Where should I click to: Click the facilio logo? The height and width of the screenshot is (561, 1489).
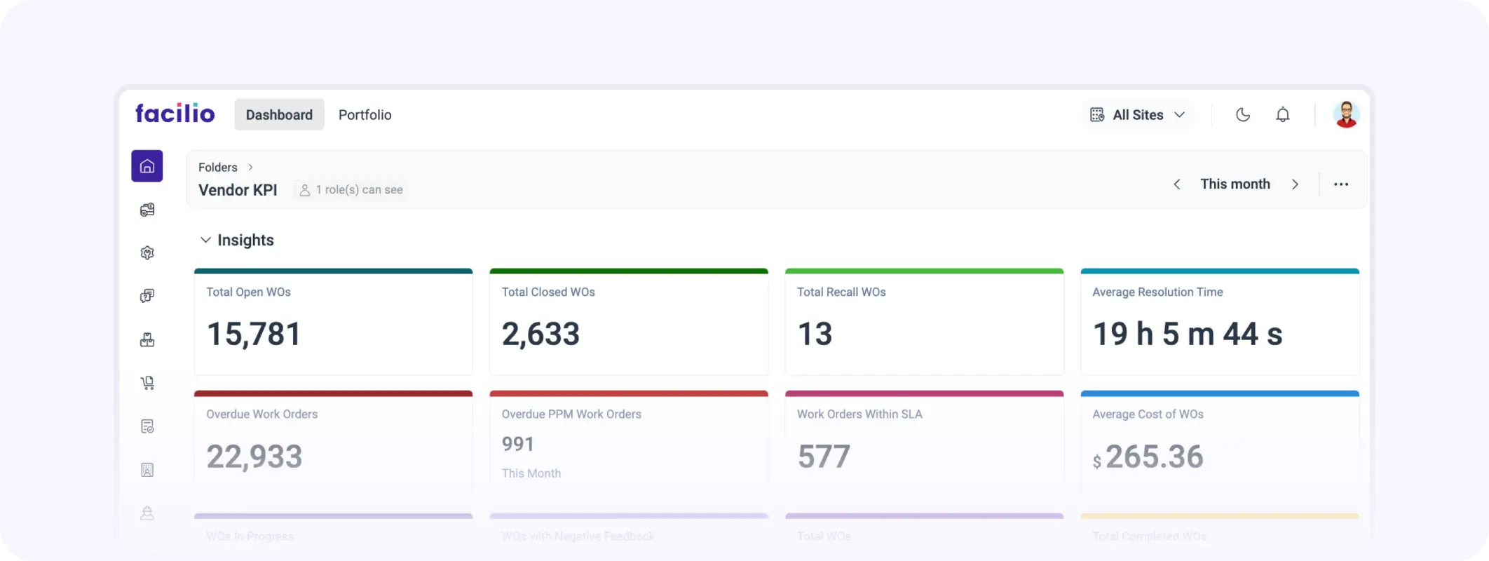click(x=175, y=114)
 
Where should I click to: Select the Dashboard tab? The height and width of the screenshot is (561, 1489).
click(x=279, y=115)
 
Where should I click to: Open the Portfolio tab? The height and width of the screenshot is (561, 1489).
click(x=365, y=115)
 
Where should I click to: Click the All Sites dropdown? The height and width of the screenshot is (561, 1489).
click(x=1138, y=115)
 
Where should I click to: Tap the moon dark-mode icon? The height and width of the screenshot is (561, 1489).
click(x=1242, y=115)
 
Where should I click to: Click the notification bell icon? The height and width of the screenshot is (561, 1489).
click(x=1282, y=115)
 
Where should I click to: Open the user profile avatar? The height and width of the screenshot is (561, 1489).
click(x=1345, y=114)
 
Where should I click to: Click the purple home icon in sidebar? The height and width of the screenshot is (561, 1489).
click(x=147, y=166)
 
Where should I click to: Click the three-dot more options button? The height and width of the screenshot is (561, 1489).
click(x=1340, y=184)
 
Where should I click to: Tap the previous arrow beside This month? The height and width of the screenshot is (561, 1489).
click(x=1177, y=184)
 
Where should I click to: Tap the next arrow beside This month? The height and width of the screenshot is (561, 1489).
click(x=1295, y=184)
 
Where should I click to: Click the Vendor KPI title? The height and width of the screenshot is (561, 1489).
click(x=238, y=190)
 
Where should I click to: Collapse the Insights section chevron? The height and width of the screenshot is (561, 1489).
click(x=205, y=240)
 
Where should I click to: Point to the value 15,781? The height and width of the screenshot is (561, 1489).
click(x=254, y=334)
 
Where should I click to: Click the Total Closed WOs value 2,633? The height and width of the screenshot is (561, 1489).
click(x=540, y=334)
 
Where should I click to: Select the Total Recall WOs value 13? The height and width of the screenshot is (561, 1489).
click(x=815, y=334)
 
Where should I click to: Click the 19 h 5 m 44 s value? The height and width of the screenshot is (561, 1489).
click(x=1187, y=334)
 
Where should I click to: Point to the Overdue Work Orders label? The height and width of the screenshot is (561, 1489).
click(x=261, y=414)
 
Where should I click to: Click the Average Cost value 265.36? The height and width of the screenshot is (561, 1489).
click(x=1154, y=457)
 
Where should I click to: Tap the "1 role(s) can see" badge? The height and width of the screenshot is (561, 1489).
click(x=351, y=190)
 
